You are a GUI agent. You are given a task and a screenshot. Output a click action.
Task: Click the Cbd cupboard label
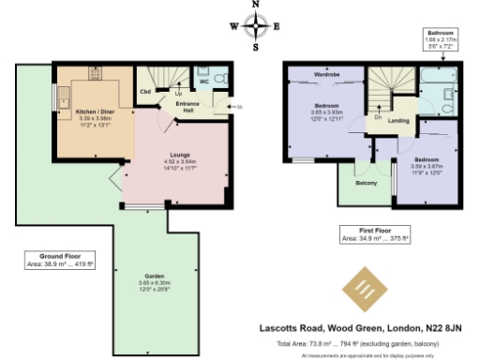point(145,92)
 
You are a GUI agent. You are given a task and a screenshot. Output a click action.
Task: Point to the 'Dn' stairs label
point(378,117)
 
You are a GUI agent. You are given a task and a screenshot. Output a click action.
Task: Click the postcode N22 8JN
point(441,328)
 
